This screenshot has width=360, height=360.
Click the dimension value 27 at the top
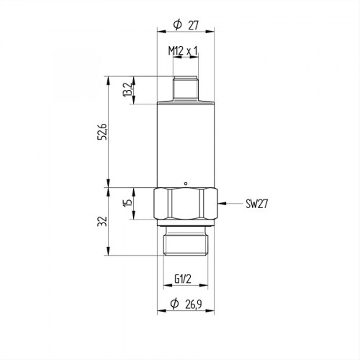tap(193, 26)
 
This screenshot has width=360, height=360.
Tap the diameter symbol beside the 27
tap(177, 26)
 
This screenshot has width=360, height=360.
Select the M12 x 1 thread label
tap(183, 52)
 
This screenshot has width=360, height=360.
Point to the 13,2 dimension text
tap(127, 91)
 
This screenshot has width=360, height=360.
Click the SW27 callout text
tap(256, 204)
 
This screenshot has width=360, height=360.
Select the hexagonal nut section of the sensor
tap(185, 205)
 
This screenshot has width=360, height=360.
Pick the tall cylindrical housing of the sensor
tap(185, 144)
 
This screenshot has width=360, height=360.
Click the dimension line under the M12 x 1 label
tap(185, 60)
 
